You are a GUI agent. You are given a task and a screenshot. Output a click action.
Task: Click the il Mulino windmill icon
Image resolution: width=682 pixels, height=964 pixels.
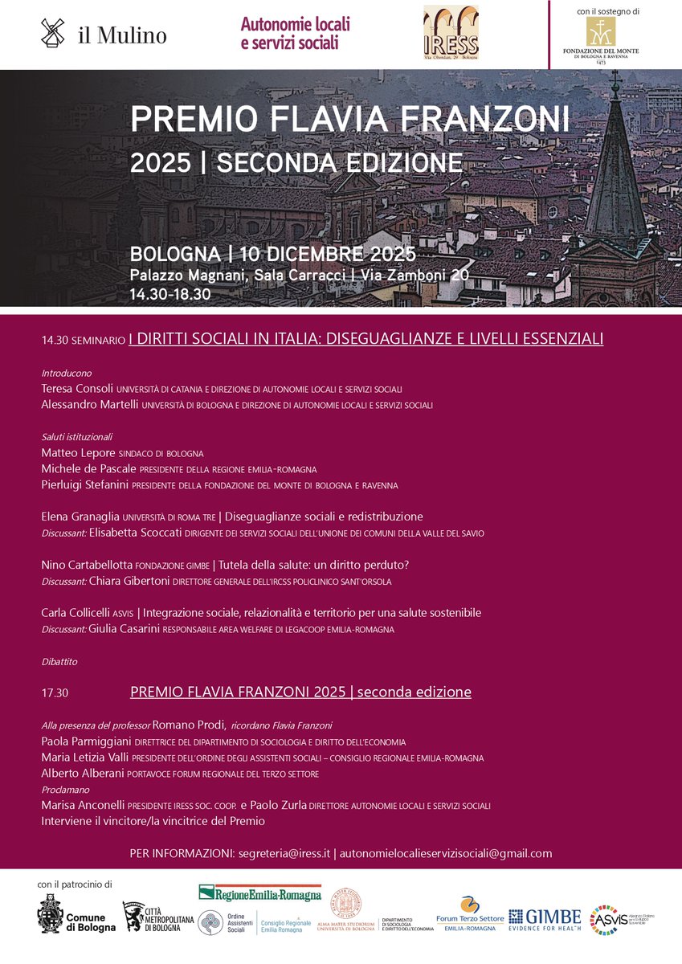(x=53, y=34)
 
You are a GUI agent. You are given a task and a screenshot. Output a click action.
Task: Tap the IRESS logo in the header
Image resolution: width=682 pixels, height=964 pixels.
(x=451, y=33)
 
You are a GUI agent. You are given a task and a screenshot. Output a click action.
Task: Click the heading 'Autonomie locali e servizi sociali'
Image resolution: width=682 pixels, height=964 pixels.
(x=295, y=33)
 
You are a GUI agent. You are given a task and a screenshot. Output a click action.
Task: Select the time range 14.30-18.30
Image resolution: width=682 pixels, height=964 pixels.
(x=170, y=294)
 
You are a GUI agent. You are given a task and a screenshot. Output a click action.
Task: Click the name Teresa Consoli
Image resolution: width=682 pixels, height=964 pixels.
(x=77, y=388)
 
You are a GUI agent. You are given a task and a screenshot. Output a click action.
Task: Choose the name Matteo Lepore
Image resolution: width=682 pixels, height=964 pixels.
(x=78, y=453)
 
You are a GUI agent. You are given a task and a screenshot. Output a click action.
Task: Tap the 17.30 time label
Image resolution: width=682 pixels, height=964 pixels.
(x=55, y=692)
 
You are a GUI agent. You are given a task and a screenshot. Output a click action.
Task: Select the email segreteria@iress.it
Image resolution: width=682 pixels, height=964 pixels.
(x=284, y=853)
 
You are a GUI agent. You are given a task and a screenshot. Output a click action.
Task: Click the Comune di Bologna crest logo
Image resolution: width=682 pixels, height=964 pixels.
(x=50, y=913)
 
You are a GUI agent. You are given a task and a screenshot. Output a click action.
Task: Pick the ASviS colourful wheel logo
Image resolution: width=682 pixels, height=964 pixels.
(x=603, y=920)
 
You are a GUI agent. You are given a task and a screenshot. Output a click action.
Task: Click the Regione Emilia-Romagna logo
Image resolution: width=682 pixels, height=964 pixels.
(x=259, y=893)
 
